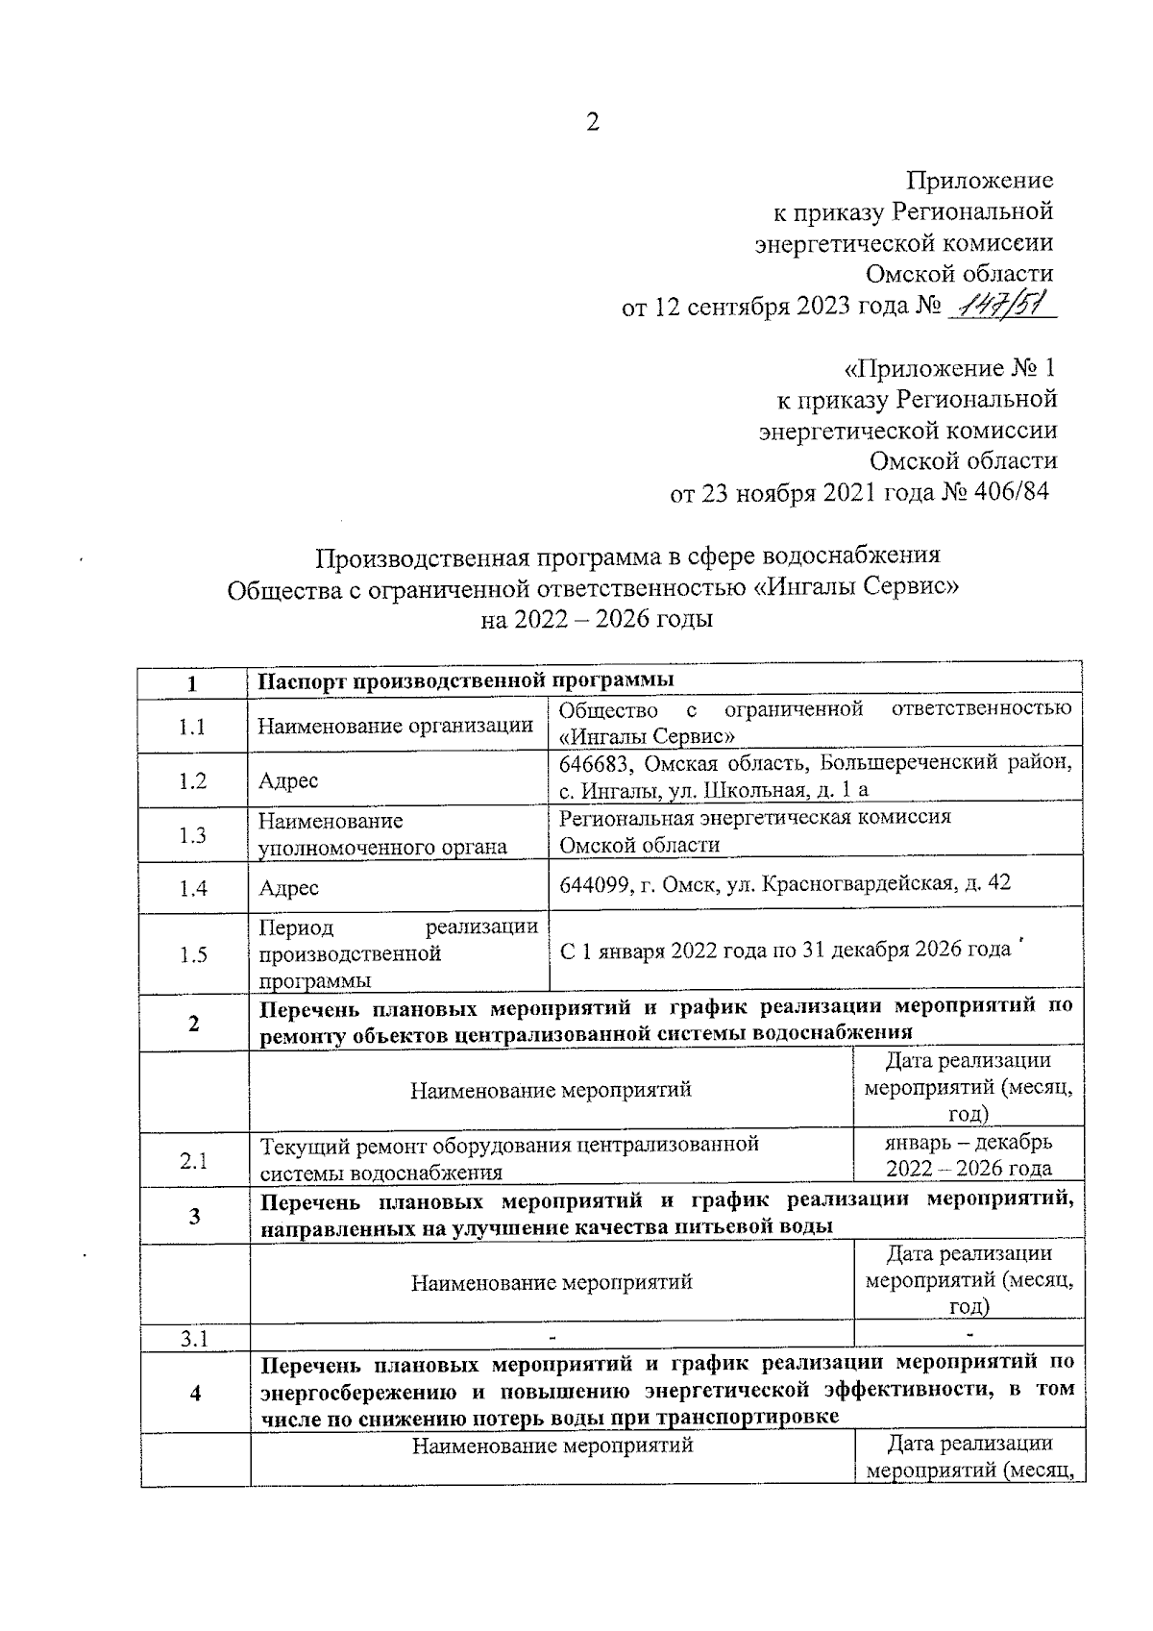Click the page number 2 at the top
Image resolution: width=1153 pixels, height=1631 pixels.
click(x=592, y=122)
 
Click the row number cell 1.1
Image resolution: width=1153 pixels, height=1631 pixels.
click(x=192, y=728)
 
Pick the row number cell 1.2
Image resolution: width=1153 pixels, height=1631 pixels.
click(x=192, y=780)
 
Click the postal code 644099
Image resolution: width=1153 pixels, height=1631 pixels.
click(x=594, y=883)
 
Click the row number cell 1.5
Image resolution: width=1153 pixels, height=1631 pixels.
click(x=192, y=954)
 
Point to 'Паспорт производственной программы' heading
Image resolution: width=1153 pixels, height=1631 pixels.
click(x=466, y=680)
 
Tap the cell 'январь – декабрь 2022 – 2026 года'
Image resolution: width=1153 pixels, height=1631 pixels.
click(x=968, y=1155)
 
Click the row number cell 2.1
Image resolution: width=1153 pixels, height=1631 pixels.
click(x=193, y=1160)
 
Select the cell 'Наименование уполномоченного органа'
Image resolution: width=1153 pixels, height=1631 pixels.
click(x=381, y=834)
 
